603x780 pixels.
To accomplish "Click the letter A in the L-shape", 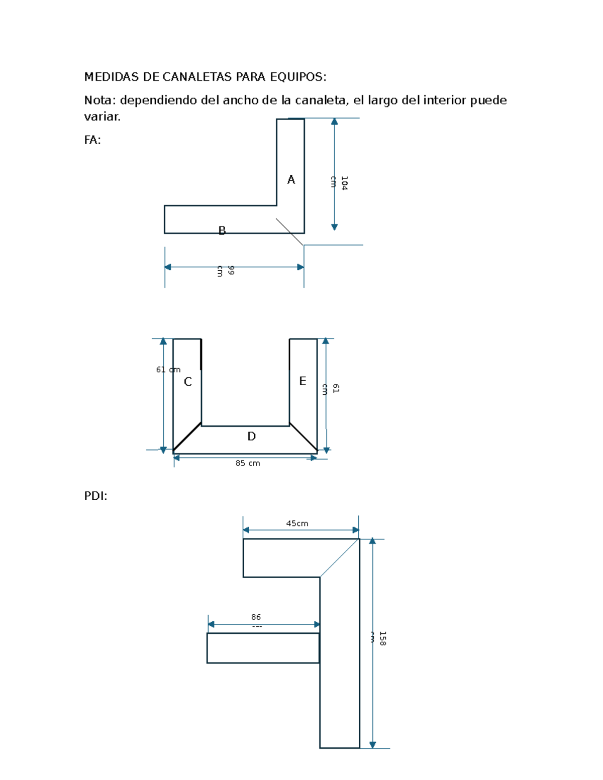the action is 291,179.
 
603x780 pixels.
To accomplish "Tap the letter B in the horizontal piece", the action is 222,231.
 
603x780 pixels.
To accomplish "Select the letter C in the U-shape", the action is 187,382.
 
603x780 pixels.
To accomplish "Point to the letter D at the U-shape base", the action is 251,436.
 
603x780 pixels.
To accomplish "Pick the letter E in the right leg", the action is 303,381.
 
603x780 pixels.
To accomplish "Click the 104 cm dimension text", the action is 339,183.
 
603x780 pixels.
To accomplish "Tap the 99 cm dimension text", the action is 226,271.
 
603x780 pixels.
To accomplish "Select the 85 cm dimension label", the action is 247,463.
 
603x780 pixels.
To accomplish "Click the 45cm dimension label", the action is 297,523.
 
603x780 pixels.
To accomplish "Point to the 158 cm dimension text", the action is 378,638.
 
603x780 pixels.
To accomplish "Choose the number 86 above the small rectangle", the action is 256,617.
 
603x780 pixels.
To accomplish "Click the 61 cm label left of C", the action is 168,370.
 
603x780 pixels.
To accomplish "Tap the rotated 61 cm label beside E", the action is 331,389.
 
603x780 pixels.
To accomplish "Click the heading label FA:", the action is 92,140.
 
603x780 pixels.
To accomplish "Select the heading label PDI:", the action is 95,496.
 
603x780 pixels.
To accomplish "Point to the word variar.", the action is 103,117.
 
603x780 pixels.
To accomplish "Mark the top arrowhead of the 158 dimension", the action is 372,541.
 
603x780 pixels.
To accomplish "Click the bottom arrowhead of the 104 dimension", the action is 334,227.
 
